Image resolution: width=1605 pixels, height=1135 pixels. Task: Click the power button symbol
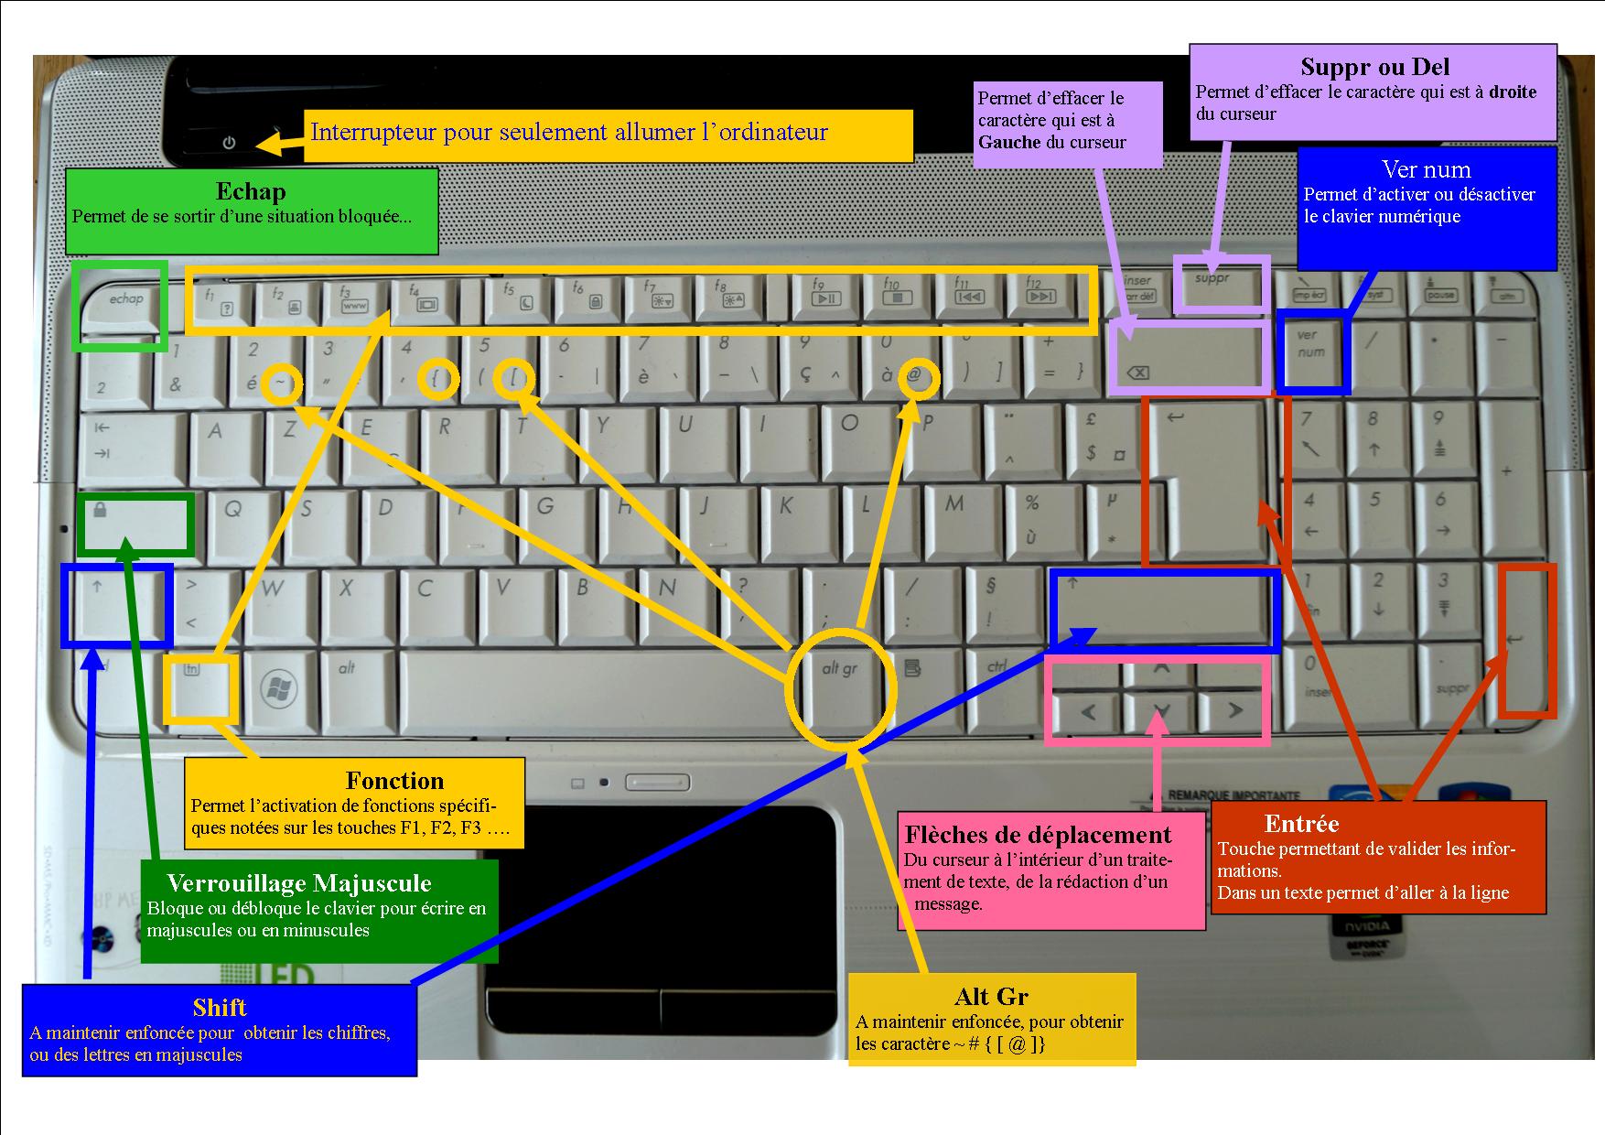click(x=229, y=143)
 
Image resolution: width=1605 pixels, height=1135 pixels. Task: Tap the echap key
click(x=123, y=303)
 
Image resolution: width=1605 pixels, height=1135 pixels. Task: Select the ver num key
click(x=1312, y=348)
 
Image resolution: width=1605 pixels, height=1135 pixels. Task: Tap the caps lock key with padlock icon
click(x=135, y=524)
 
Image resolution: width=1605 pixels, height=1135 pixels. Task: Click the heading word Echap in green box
click(x=251, y=191)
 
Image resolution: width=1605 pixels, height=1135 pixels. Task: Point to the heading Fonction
click(x=394, y=781)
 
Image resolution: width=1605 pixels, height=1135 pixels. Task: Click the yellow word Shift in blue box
click(x=220, y=1008)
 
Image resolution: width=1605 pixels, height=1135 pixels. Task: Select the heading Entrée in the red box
click(x=1301, y=824)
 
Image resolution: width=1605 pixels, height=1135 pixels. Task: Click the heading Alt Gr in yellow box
click(x=991, y=997)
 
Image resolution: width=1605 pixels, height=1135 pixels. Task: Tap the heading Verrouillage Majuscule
click(x=298, y=883)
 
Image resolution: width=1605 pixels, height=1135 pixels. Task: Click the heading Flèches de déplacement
click(x=1038, y=835)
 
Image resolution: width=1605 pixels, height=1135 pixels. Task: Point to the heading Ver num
click(x=1426, y=169)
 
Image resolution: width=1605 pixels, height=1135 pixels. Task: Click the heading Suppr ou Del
click(x=1374, y=67)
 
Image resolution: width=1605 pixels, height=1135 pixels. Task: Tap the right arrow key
click(x=1234, y=710)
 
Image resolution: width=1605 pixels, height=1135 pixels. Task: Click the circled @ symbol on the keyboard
click(x=914, y=375)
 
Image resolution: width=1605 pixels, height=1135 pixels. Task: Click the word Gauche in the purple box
click(x=1009, y=142)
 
